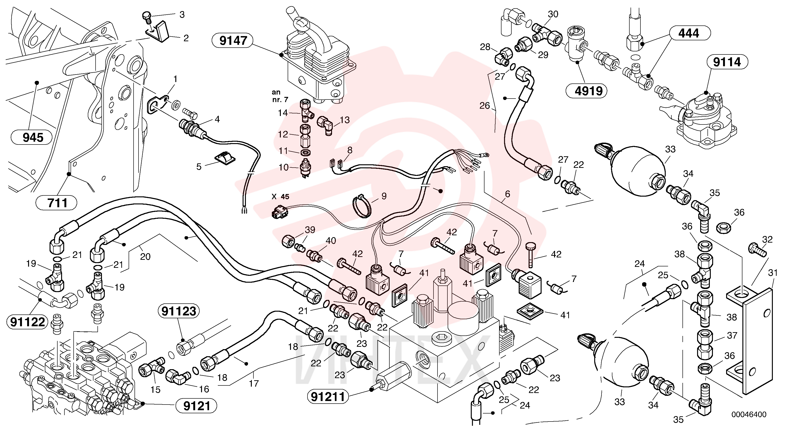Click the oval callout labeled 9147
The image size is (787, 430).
click(233, 40)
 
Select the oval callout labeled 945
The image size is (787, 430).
click(33, 137)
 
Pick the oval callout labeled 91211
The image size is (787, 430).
click(328, 397)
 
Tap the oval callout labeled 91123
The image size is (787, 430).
click(179, 311)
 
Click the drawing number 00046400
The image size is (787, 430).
click(749, 414)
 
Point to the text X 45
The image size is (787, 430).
click(280, 197)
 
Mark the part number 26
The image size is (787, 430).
click(484, 106)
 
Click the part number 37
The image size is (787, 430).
click(732, 336)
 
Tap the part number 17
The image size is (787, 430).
click(254, 383)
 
